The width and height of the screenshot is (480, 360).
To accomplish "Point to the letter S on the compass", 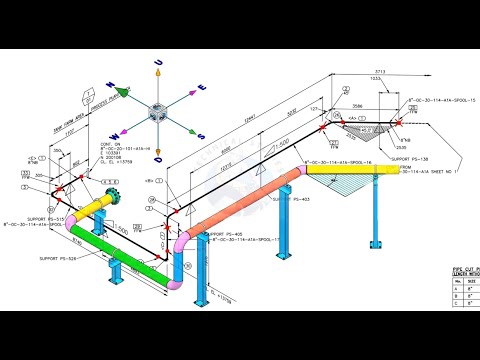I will click(201, 135).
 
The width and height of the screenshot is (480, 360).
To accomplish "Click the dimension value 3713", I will click(406, 74).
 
